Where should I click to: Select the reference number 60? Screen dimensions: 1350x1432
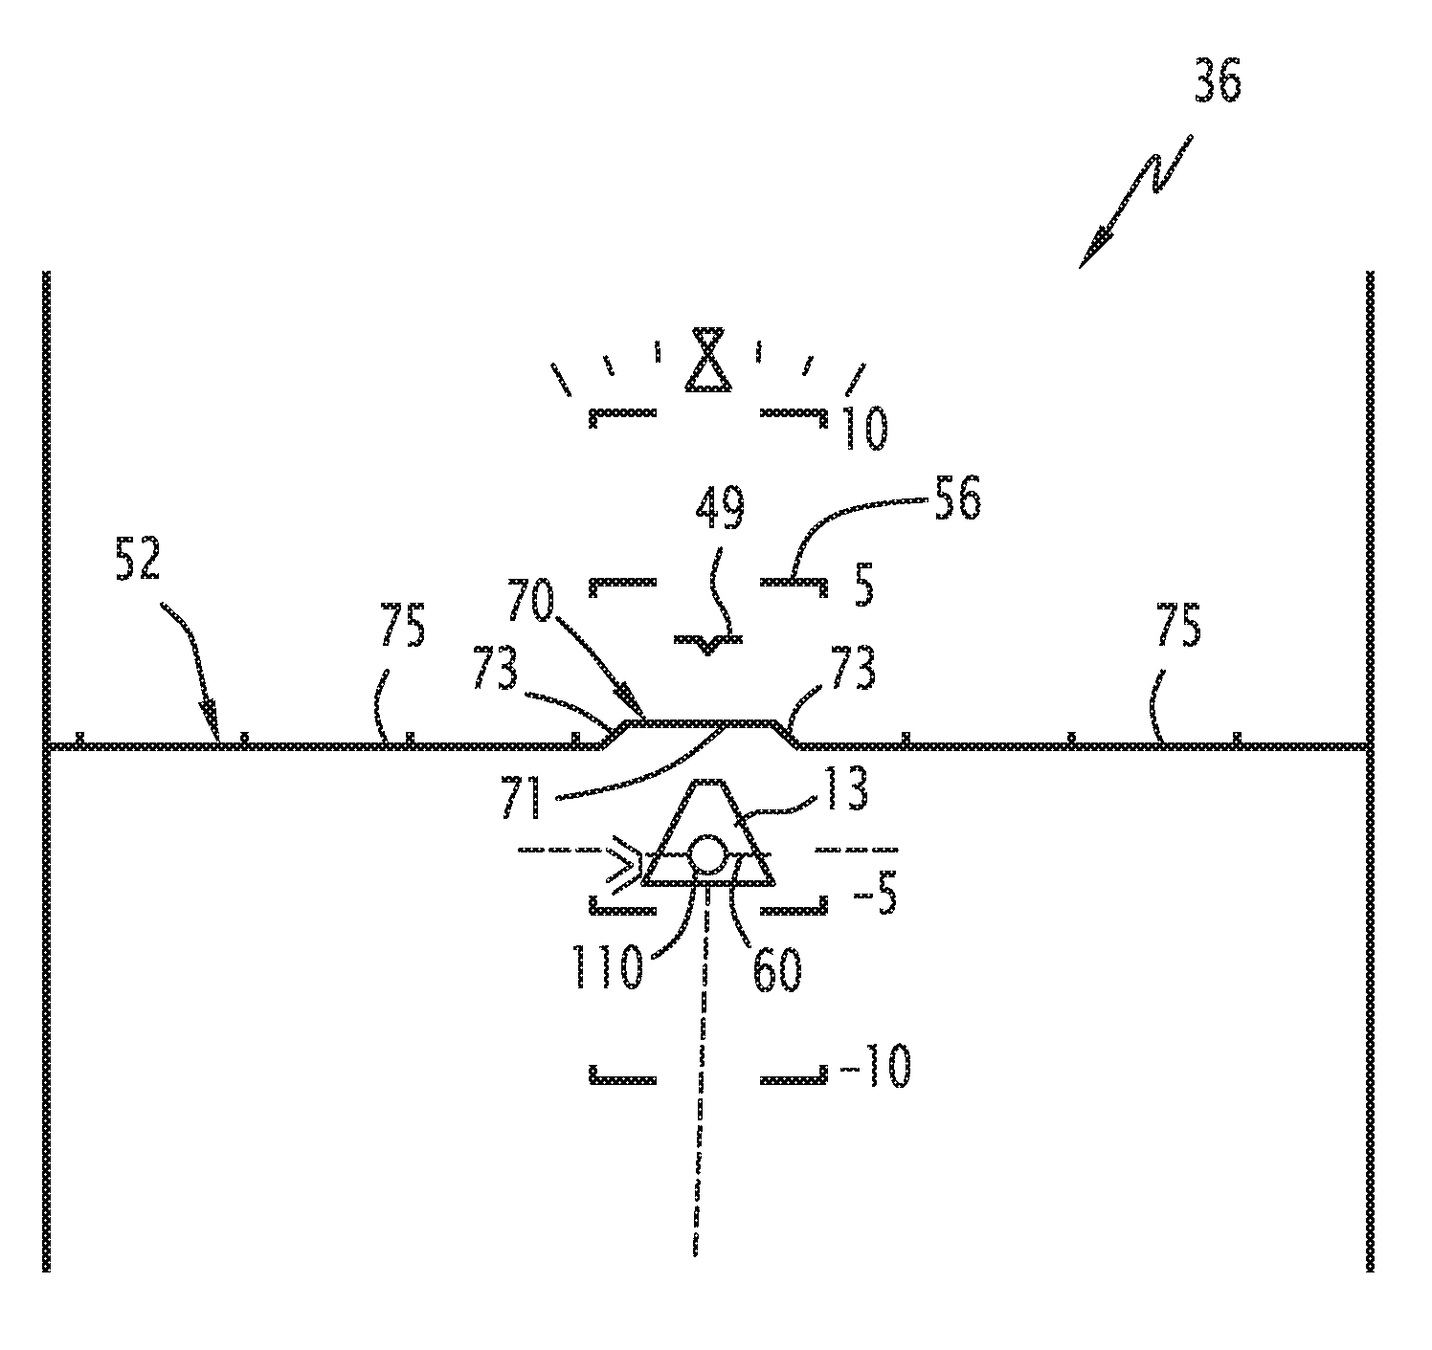point(777,966)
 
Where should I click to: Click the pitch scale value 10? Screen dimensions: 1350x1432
point(863,428)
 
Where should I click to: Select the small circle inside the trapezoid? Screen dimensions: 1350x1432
point(706,854)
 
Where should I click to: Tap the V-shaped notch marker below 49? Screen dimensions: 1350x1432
point(707,643)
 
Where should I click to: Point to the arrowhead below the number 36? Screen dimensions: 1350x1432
point(1091,255)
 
